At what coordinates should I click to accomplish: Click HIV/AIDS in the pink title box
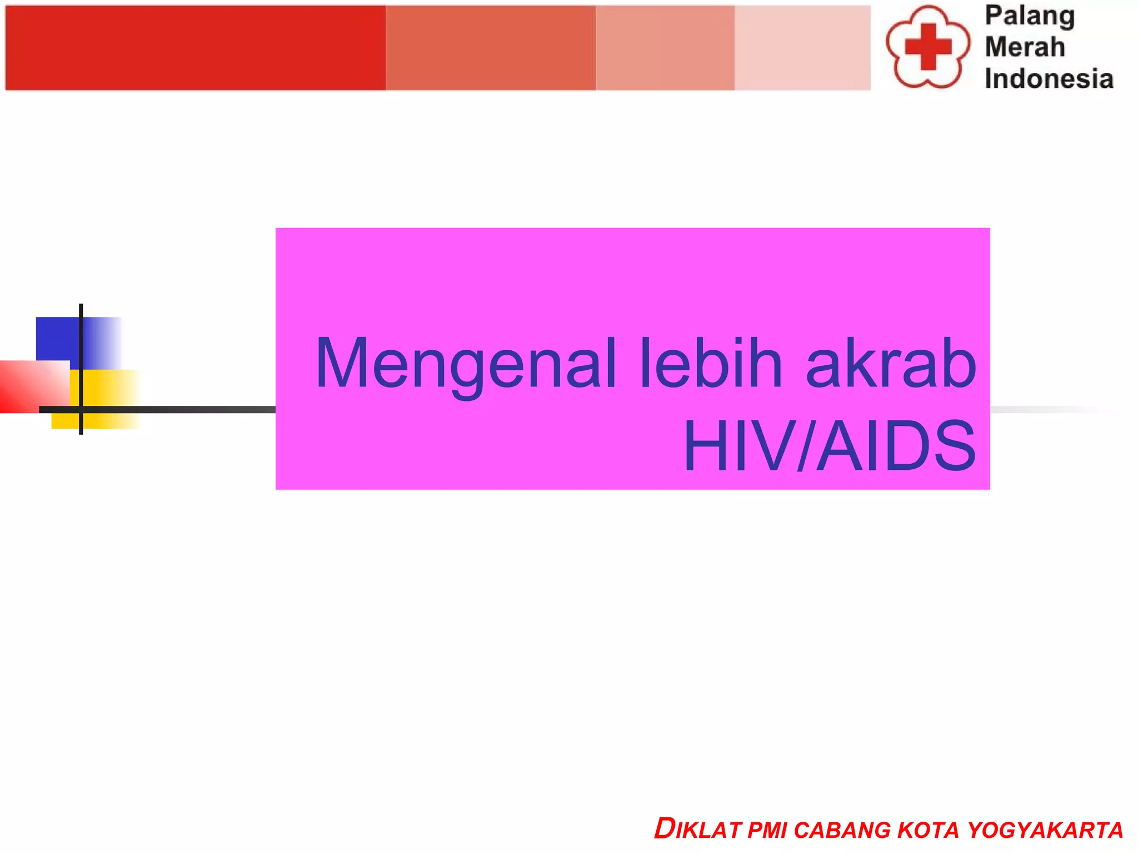click(x=830, y=446)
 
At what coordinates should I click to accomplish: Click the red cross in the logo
click(x=928, y=47)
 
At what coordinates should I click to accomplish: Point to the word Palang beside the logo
click(x=1030, y=16)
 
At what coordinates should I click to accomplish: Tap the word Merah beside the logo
click(x=1025, y=47)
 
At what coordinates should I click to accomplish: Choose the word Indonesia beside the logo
click(x=1049, y=79)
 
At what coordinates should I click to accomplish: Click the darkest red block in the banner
click(x=195, y=48)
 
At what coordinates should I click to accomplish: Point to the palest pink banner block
click(x=802, y=48)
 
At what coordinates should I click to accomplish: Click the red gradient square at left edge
click(x=31, y=386)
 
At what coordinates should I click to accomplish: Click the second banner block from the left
click(x=491, y=48)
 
